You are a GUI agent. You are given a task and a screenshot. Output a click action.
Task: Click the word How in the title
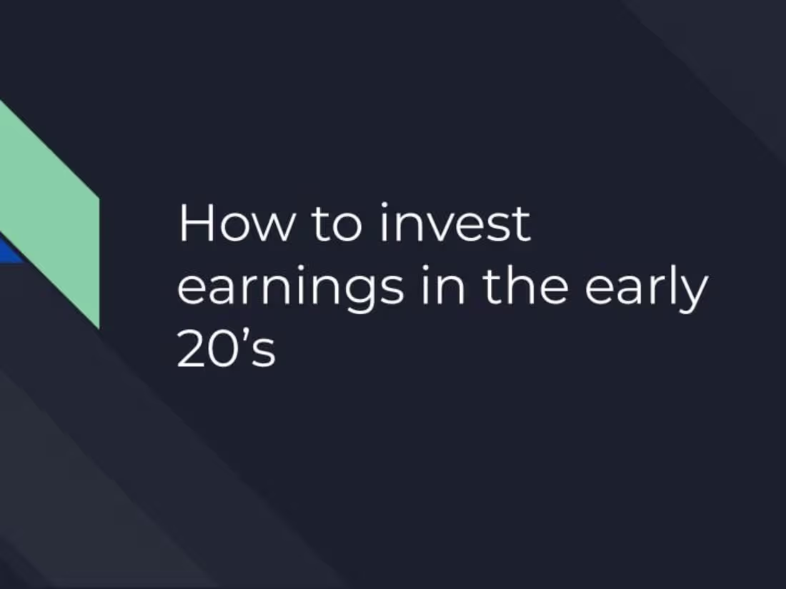coord(235,223)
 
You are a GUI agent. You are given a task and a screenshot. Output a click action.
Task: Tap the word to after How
coord(337,225)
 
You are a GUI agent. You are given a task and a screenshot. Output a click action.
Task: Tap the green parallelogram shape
coord(60,214)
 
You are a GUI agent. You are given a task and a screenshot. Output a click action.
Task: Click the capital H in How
coord(194,223)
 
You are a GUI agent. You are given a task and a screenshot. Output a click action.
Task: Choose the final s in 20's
coord(265,354)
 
